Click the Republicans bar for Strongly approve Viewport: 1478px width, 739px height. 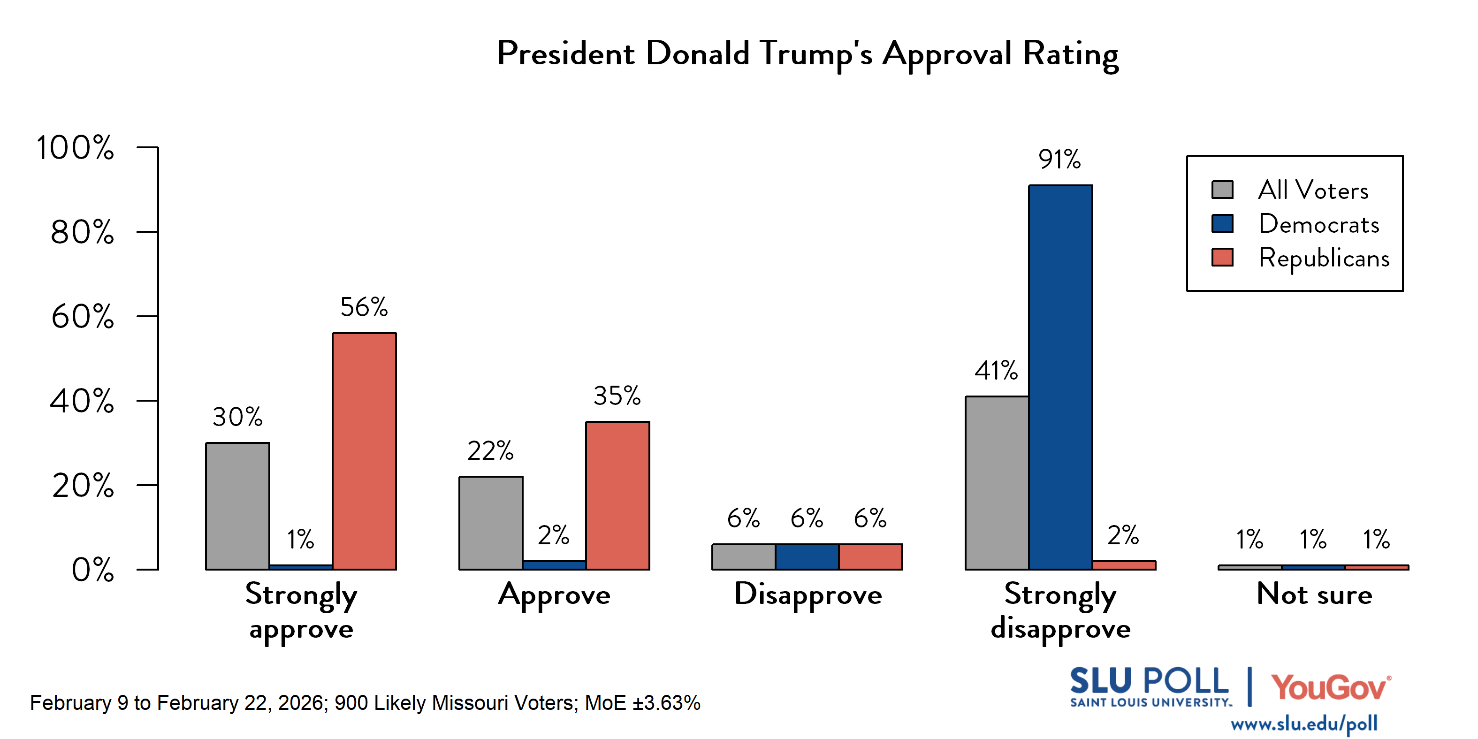tap(364, 451)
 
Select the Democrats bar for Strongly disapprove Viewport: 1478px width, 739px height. tap(1060, 377)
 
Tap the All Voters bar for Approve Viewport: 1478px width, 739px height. tap(491, 523)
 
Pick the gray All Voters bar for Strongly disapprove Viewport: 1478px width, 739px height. tap(997, 482)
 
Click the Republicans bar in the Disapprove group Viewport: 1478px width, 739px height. tap(870, 556)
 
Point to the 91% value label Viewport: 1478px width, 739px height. tap(1059, 160)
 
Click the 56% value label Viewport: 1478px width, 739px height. tap(364, 307)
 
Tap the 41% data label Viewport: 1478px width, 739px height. tap(996, 371)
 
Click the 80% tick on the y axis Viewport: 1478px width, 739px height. tap(82, 232)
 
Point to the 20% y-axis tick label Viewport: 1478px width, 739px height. tap(83, 486)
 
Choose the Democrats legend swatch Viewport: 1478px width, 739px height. tap(1222, 224)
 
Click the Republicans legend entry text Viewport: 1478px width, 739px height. tap(1324, 258)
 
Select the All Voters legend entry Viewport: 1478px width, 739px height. tap(1313, 190)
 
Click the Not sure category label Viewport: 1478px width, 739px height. tap(1314, 594)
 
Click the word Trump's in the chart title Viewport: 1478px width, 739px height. tap(816, 54)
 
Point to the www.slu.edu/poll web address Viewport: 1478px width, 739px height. tap(1303, 724)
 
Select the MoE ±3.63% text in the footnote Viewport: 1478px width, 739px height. tap(643, 703)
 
